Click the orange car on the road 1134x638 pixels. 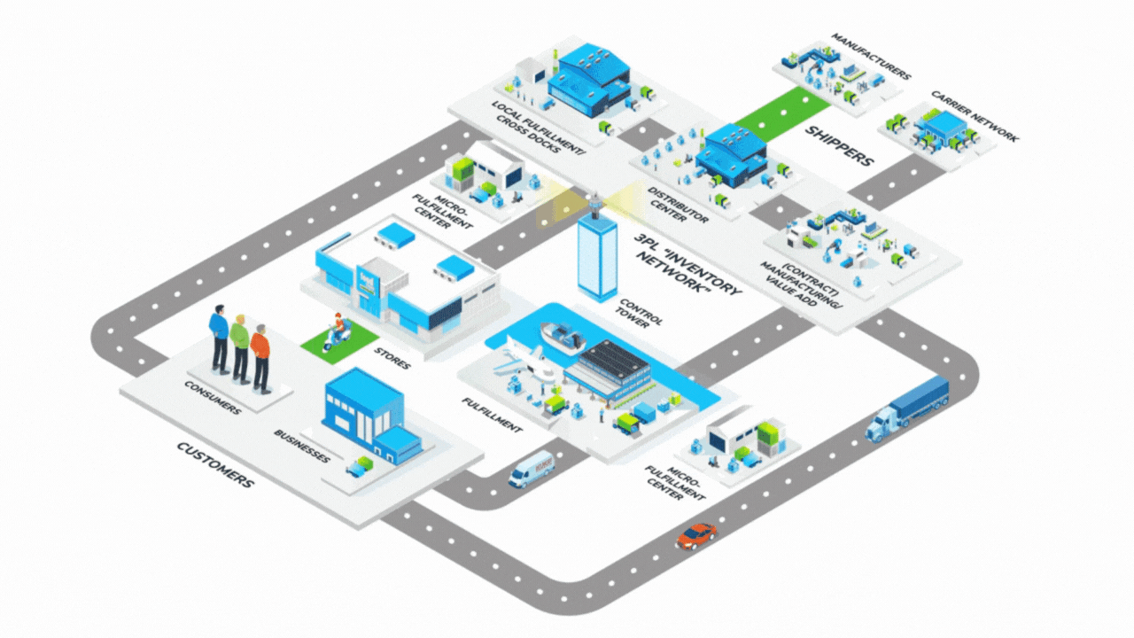coord(696,535)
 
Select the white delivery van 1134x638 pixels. coord(531,470)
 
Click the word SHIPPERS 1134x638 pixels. coord(839,146)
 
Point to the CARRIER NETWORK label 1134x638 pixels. coord(975,115)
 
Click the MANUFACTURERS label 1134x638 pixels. coord(870,58)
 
